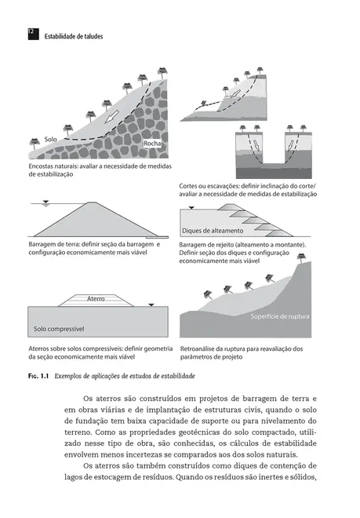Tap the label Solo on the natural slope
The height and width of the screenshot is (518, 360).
[x=51, y=138]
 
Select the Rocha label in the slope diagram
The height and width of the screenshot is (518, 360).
[x=153, y=144]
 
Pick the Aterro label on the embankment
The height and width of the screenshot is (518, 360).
[x=96, y=299]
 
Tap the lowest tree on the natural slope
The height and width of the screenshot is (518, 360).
[x=34, y=142]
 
